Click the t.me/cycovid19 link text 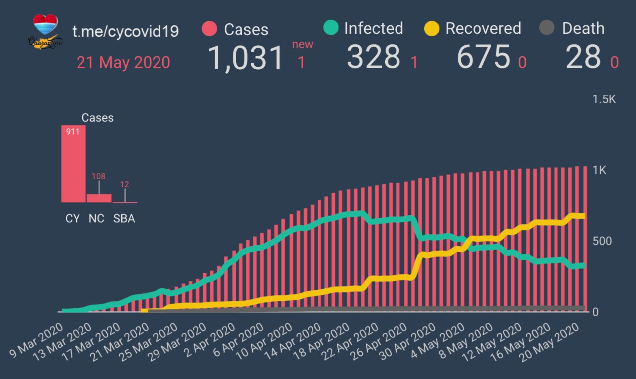125,31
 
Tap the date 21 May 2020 123,63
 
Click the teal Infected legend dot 330,28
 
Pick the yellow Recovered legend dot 432,28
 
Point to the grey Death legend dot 547,28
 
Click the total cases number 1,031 245,57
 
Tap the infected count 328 374,57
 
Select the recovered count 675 483,57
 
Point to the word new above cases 302,44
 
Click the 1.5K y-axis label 604,99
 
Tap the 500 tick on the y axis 602,241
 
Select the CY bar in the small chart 74,164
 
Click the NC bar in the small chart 99,198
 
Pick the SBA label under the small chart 124,219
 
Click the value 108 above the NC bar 98,176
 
